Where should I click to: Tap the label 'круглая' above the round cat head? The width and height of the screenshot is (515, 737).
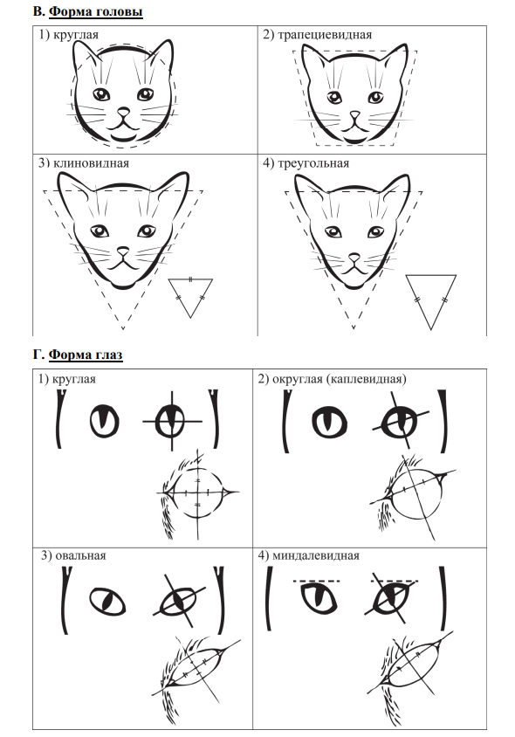point(76,35)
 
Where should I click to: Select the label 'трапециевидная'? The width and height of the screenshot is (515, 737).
point(325,35)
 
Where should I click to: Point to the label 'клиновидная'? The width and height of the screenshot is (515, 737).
point(91,163)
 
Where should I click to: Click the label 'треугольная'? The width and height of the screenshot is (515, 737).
point(313,163)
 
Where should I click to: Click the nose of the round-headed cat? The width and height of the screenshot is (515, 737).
point(123,112)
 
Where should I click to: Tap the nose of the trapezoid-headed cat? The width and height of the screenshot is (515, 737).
point(355,114)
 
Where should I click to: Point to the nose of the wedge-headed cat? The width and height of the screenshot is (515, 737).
point(123,251)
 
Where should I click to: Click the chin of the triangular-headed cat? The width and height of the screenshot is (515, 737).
point(354,284)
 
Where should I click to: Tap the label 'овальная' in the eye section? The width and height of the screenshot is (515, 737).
point(80,555)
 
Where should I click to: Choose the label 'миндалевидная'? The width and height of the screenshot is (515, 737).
point(316,555)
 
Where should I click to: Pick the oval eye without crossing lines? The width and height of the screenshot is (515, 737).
point(107,601)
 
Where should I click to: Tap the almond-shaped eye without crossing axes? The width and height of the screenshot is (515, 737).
point(319,598)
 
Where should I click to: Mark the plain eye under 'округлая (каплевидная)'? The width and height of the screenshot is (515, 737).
point(329,421)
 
